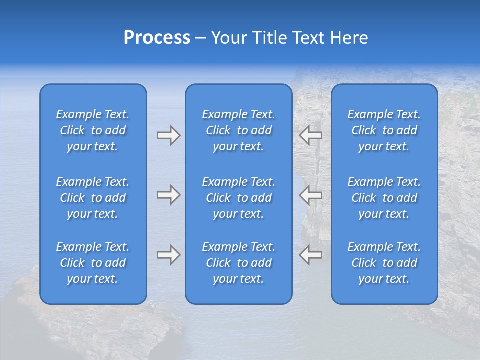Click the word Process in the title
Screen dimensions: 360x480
[157, 38]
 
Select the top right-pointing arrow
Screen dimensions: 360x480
[168, 135]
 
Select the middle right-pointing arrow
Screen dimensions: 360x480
[168, 195]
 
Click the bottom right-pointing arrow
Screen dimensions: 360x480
[168, 255]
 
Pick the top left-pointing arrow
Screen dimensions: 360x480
[311, 135]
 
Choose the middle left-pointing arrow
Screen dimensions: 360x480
[311, 195]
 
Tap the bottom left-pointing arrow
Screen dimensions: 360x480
[311, 255]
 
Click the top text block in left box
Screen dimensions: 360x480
[93, 130]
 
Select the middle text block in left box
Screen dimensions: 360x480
[93, 198]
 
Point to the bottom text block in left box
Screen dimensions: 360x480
[93, 263]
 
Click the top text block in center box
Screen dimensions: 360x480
[238, 130]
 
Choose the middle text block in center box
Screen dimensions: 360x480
[238, 198]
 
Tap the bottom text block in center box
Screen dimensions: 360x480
[238, 263]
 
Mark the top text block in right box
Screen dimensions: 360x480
[384, 130]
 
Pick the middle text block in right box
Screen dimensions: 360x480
[384, 198]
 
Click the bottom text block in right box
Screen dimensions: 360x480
[384, 263]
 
